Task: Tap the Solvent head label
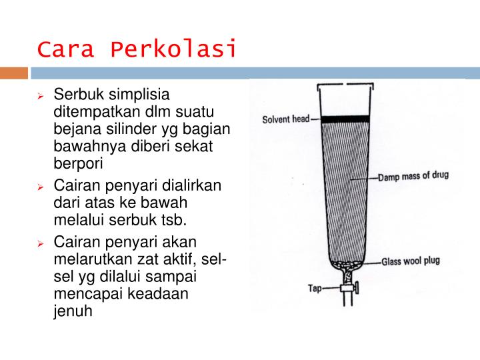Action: pos(285,119)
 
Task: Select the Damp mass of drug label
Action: pos(413,178)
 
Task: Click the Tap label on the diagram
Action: pos(315,289)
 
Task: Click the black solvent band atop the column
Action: pos(345,119)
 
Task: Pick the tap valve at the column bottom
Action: pos(346,290)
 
